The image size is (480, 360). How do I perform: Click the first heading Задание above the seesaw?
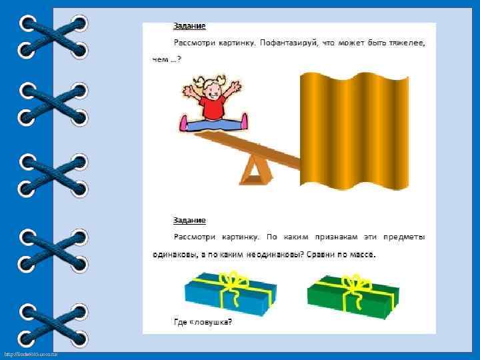coord(190,27)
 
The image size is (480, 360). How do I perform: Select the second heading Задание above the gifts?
coord(190,220)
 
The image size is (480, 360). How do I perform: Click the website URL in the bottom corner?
coord(30,353)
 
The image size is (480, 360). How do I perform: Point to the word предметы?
coord(405,237)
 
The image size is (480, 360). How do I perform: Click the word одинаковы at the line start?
coord(170,254)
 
